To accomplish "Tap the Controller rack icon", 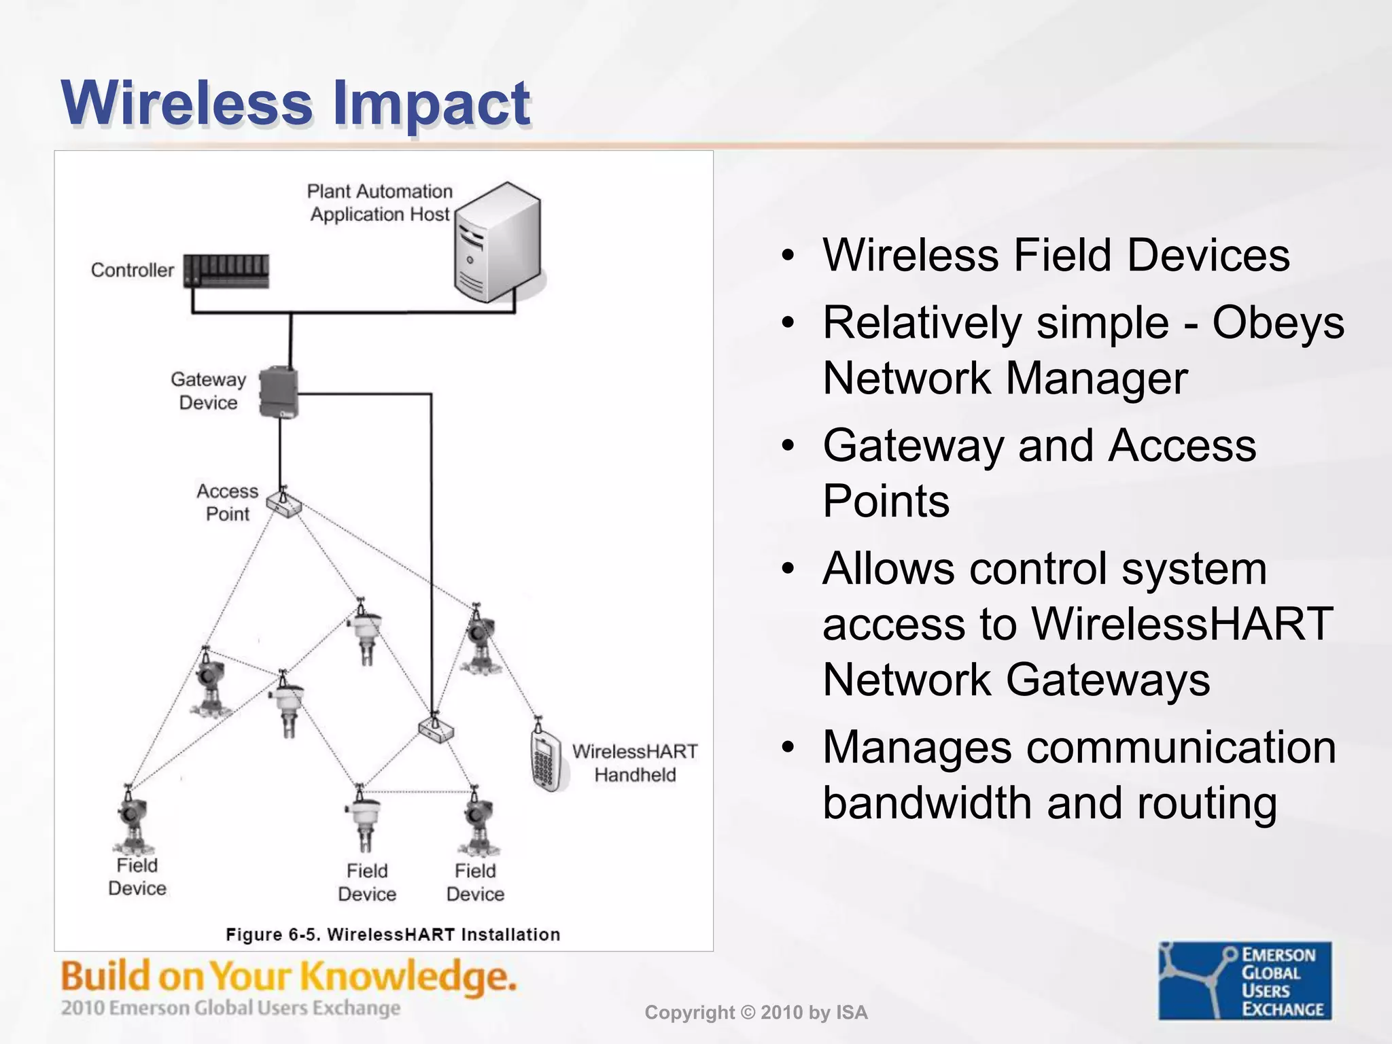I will (x=226, y=271).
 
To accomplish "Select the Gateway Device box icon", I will (x=279, y=392).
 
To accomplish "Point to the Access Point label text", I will (x=228, y=502).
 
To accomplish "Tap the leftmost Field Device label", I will (x=137, y=877).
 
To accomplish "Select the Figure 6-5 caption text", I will (x=393, y=935).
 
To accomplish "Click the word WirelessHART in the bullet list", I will (x=1182, y=623).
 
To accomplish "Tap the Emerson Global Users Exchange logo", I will (x=1245, y=981).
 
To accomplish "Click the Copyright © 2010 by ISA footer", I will (x=756, y=1013).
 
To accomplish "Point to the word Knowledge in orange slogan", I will (x=408, y=977).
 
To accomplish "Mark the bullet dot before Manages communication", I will (x=787, y=748).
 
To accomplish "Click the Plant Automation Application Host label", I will (x=380, y=203).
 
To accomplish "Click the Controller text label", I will (x=133, y=271).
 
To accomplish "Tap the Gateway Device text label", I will (x=208, y=391).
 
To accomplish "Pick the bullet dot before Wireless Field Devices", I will (x=787, y=256).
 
